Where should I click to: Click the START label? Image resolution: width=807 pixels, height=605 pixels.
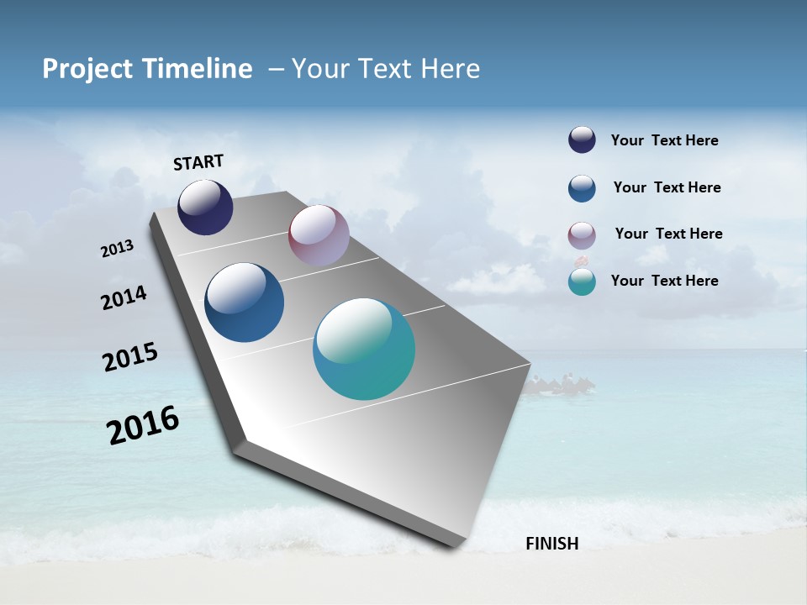click(198, 162)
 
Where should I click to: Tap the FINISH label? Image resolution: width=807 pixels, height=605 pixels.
click(551, 544)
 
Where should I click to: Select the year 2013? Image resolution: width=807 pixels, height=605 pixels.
click(118, 249)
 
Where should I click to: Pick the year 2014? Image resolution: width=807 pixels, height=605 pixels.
click(124, 298)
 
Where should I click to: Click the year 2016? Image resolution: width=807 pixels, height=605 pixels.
click(144, 425)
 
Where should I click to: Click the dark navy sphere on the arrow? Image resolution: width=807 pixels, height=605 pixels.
click(205, 208)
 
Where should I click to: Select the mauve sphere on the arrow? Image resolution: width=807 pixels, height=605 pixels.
click(319, 235)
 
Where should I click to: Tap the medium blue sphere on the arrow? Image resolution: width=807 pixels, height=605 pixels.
click(244, 302)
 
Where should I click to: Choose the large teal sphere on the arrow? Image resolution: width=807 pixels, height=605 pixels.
click(364, 349)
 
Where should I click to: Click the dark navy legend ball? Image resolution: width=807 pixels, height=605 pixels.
click(582, 139)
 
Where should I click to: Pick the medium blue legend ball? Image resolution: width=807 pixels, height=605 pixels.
click(582, 188)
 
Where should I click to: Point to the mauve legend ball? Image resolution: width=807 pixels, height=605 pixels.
click(582, 235)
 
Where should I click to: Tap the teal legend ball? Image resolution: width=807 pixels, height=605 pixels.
click(582, 281)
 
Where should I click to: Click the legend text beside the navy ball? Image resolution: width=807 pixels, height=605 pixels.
click(664, 141)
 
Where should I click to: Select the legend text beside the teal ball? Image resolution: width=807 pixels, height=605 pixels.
click(664, 281)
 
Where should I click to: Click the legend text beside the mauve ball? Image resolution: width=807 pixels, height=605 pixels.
click(668, 234)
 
